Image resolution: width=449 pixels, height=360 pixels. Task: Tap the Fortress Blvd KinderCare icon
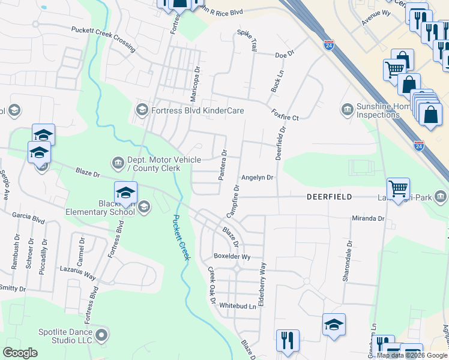tap(142, 109)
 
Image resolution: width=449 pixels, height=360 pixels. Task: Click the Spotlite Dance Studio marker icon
tap(101, 334)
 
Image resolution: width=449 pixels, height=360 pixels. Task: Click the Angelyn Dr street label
tap(257, 178)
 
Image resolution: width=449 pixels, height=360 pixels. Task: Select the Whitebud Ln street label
tap(237, 305)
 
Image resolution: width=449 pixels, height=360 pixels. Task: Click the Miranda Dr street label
tap(368, 218)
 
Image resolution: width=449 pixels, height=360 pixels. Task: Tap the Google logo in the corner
tap(20, 352)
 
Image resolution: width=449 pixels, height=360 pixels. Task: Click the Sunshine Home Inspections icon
tap(346, 109)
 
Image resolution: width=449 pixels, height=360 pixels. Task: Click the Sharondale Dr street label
tap(347, 256)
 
